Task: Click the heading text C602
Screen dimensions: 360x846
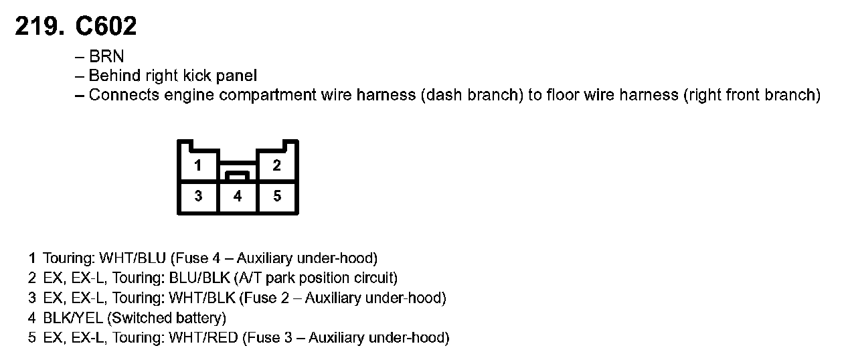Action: (106, 26)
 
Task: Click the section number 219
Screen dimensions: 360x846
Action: (40, 26)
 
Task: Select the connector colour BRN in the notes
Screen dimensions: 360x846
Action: (106, 57)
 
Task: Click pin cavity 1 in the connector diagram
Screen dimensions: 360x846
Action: (198, 165)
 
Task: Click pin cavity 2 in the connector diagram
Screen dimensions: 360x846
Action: (277, 165)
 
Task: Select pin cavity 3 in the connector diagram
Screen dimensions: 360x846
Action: (198, 196)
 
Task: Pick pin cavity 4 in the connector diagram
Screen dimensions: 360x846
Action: (238, 196)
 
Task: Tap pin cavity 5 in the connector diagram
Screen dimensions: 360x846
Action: (277, 196)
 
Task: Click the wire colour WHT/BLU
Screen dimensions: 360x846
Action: (133, 258)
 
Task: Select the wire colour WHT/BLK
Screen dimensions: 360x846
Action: (201, 298)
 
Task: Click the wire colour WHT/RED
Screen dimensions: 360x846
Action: (203, 338)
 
